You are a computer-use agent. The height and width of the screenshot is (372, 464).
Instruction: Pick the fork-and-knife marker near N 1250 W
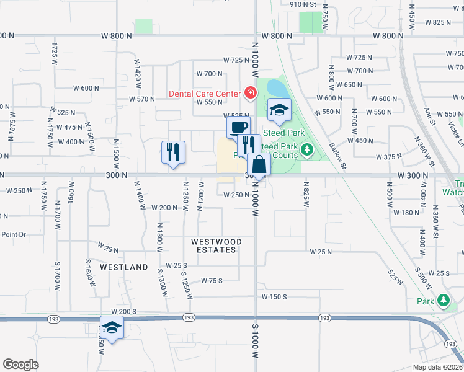coord(173,152)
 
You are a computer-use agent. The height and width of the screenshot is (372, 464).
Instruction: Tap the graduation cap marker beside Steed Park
coord(279,110)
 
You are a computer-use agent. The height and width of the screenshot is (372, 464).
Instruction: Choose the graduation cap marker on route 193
coord(112,327)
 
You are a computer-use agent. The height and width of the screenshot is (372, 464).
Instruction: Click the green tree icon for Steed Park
coord(306,150)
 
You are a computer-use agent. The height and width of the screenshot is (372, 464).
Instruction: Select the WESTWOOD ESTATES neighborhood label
coord(213,246)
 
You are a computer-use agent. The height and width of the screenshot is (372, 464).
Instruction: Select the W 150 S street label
coord(274,297)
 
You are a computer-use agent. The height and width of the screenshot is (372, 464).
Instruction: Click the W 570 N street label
coord(141,99)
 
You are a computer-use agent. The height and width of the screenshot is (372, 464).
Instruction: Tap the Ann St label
coord(427,117)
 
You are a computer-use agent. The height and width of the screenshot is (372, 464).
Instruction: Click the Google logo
coord(20,365)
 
